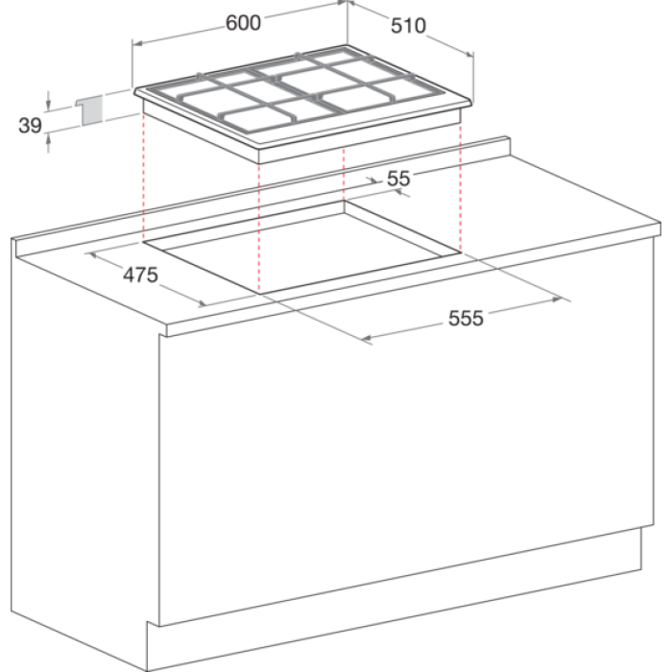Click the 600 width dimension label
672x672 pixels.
(x=243, y=23)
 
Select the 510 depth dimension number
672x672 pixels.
(x=408, y=26)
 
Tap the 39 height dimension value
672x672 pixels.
(x=30, y=126)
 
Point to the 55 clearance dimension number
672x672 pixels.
(x=398, y=179)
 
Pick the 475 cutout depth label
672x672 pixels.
(x=140, y=275)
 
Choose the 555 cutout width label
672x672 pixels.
(x=466, y=319)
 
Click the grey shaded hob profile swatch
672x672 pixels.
(x=92, y=110)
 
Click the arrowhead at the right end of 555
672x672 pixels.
(x=557, y=300)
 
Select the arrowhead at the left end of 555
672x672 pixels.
(x=367, y=339)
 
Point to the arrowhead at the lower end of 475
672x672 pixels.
(x=202, y=304)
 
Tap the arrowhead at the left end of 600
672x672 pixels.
(x=137, y=43)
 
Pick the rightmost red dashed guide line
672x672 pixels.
(x=460, y=186)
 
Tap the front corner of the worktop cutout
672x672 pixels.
(x=259, y=294)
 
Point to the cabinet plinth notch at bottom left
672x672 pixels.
(x=148, y=621)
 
